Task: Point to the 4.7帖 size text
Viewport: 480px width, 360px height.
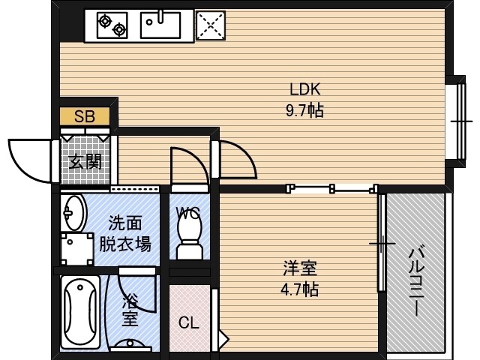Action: [x=300, y=289]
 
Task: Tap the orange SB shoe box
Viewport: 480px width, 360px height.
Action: [x=85, y=117]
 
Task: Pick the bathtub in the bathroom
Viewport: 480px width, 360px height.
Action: [x=80, y=313]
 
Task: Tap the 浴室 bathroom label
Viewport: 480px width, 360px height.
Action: [x=130, y=310]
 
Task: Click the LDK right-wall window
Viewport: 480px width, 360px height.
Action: [x=456, y=120]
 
